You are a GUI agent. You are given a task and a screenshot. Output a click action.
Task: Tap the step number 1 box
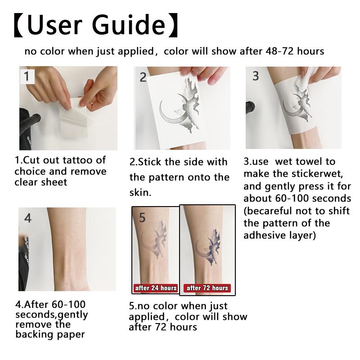pyautogui.click(x=27, y=76)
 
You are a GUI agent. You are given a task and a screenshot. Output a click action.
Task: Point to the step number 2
pyautogui.click(x=143, y=77)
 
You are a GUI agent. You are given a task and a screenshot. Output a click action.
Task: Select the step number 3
pyautogui.click(x=256, y=76)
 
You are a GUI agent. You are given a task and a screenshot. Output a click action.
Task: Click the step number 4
pyautogui.click(x=28, y=218)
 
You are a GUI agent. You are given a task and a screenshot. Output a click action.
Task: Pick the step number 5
pyautogui.click(x=142, y=218)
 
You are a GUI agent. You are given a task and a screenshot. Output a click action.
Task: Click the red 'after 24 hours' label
pyautogui.click(x=156, y=288)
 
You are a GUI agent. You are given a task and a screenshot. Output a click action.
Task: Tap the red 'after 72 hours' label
pyautogui.click(x=207, y=288)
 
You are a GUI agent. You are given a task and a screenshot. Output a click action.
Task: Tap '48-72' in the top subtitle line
pyautogui.click(x=275, y=51)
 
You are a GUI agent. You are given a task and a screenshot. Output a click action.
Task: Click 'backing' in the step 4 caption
pyautogui.click(x=35, y=334)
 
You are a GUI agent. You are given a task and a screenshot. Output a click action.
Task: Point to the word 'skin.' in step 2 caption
pyautogui.click(x=140, y=193)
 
